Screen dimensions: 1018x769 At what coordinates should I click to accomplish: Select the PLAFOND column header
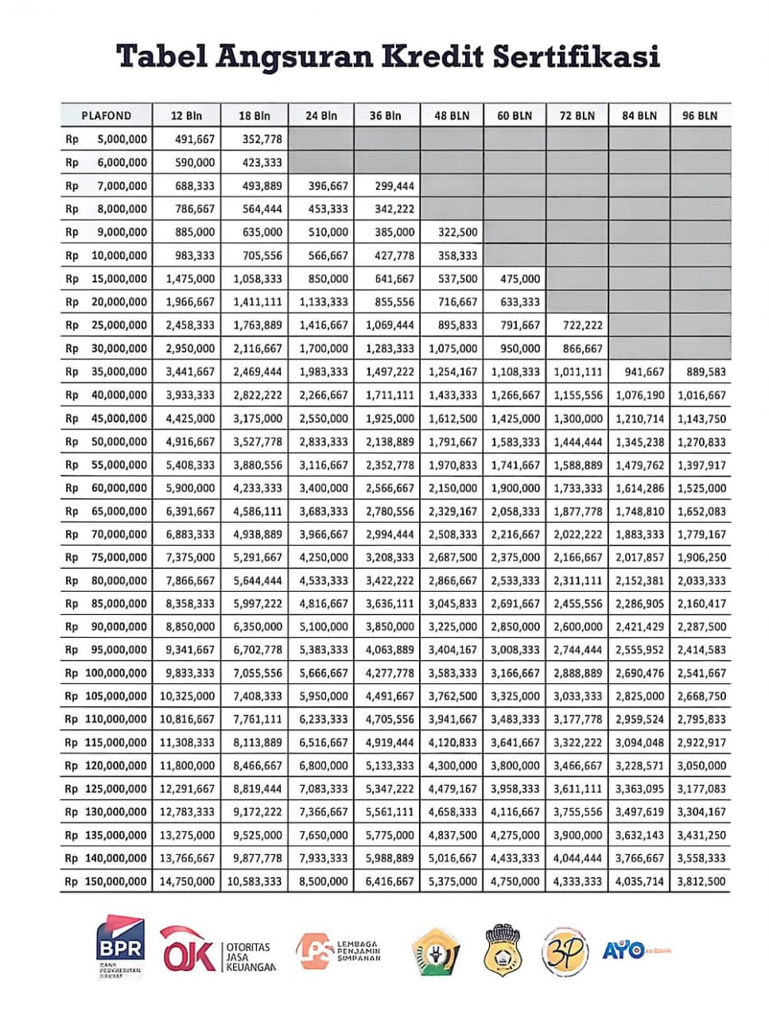(106, 115)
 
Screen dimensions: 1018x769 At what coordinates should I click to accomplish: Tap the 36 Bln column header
(386, 115)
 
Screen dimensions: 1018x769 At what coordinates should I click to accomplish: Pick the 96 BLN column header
(700, 115)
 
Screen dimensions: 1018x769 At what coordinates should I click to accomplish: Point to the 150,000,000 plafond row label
(115, 881)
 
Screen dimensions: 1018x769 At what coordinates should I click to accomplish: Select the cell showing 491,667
(195, 139)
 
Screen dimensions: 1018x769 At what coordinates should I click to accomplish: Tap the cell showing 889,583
(701, 371)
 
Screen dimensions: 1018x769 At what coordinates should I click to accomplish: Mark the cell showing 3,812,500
(701, 881)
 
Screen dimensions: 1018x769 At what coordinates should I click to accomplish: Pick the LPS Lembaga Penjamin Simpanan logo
(338, 950)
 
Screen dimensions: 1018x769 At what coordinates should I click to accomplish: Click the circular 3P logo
(565, 951)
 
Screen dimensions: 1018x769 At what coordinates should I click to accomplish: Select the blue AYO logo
(624, 949)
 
